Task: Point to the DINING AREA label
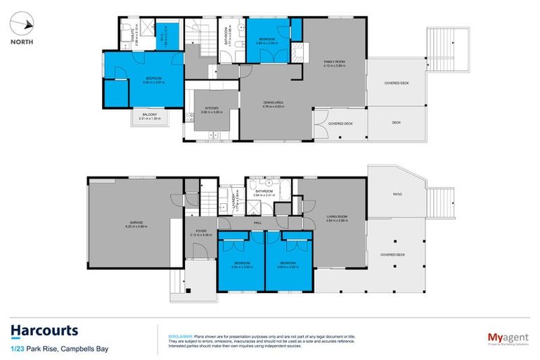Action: [273, 103]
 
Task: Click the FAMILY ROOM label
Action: [334, 62]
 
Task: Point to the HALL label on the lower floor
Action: [257, 223]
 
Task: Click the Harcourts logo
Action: [44, 330]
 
